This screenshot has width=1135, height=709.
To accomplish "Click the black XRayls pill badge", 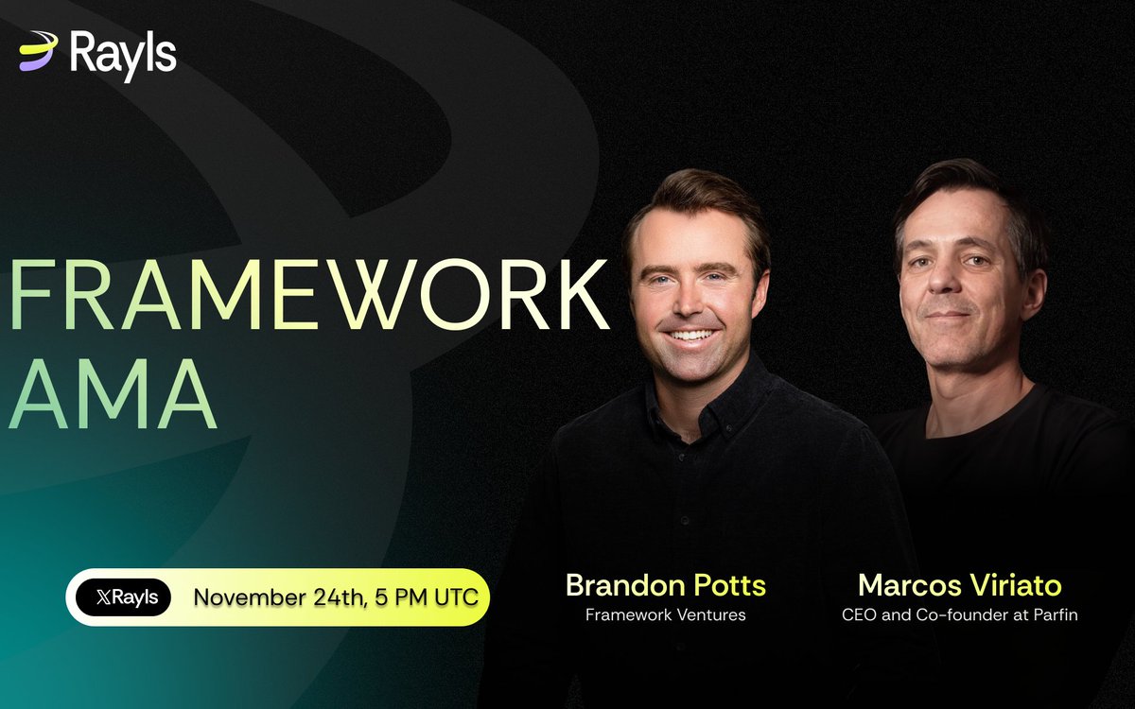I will (124, 597).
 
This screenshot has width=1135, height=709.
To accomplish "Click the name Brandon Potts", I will (666, 585).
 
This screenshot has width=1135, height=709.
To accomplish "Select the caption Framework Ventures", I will (666, 615).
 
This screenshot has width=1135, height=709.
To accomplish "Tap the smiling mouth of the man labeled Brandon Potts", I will (693, 335).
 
